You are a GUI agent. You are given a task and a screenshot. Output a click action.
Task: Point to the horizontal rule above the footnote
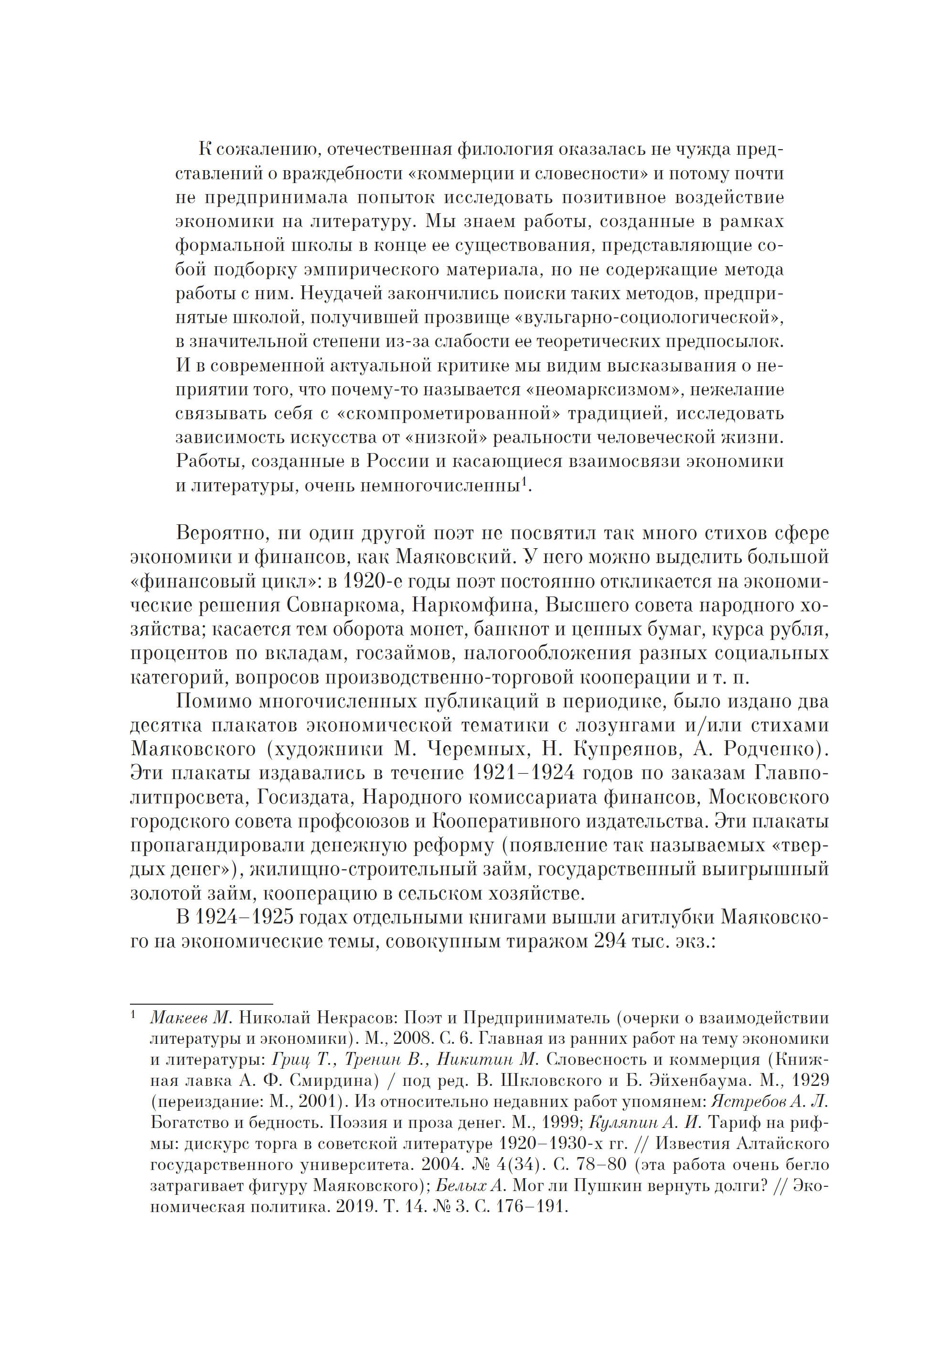pyautogui.click(x=201, y=1004)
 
